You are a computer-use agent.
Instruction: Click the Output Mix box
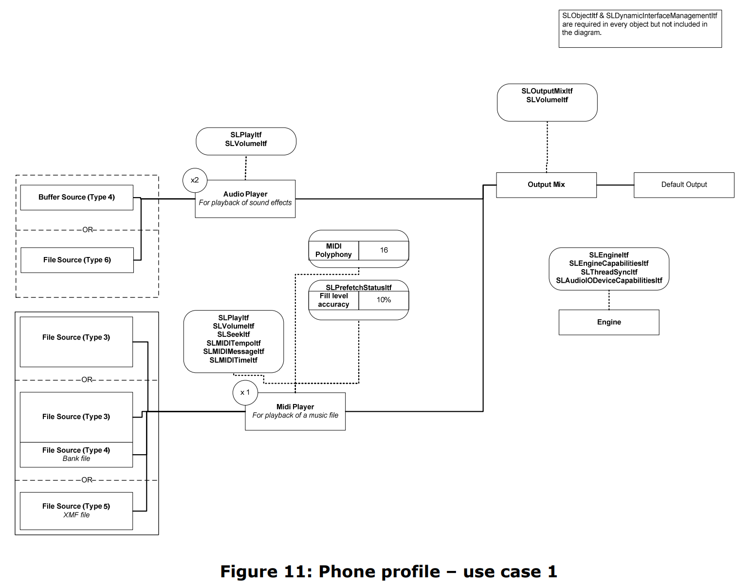[546, 185]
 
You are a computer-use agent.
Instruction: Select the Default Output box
[683, 185]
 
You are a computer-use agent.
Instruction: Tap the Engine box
[608, 322]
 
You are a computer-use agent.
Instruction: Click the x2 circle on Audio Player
[195, 180]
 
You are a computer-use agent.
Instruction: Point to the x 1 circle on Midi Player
[245, 392]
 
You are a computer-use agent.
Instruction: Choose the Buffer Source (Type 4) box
[76, 198]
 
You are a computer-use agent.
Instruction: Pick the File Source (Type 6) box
[77, 260]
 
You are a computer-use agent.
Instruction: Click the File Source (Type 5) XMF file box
[76, 511]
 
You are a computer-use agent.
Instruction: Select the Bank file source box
[76, 455]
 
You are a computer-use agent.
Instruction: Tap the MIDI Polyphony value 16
[384, 250]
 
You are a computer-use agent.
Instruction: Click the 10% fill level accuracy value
[384, 300]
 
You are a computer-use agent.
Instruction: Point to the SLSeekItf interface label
[234, 334]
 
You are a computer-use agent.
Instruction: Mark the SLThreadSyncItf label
[608, 272]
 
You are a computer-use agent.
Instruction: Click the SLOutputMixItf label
[547, 91]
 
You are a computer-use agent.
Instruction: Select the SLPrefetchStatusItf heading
[359, 288]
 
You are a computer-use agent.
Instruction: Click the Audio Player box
[245, 199]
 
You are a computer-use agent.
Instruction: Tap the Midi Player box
[295, 411]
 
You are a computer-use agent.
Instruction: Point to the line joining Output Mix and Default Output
[615, 185]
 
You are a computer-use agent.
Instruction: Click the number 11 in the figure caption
[297, 571]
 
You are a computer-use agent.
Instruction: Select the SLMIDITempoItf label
[234, 343]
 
